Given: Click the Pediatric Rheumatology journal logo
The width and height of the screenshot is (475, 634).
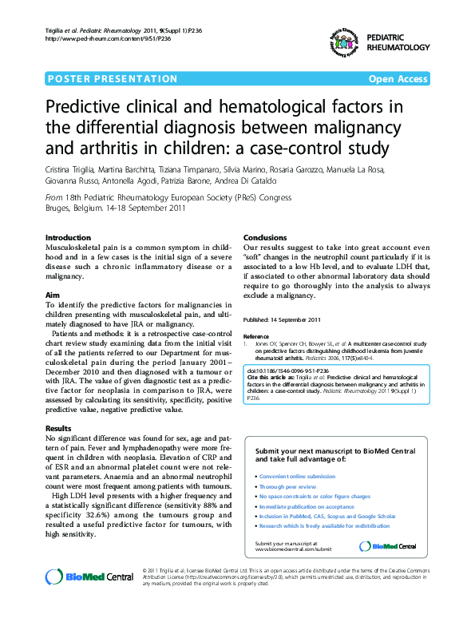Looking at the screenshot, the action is pos(343,41).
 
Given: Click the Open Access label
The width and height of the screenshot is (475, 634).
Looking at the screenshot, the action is pos(398,79).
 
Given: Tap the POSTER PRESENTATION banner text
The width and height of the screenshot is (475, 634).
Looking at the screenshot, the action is pos(113,79).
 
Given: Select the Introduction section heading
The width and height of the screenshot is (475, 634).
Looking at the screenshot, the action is pos(68,238).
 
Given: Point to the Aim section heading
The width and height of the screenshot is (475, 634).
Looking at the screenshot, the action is pos(53,295).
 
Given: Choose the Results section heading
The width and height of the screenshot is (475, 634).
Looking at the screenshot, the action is pos(58,429).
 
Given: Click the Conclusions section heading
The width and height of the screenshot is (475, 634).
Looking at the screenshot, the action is pos(264,238).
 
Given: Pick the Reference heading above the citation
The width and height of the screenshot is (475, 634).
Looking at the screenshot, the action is pos(256,337).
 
